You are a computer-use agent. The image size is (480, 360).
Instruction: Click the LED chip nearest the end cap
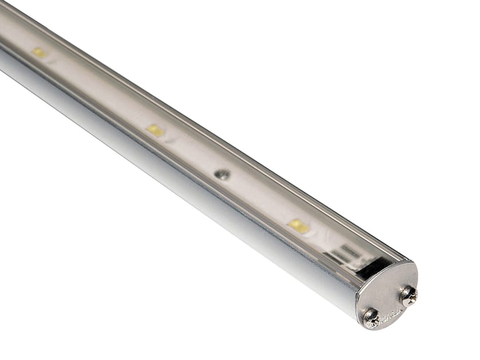point(298,226)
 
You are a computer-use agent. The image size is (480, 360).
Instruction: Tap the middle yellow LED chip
point(155,130)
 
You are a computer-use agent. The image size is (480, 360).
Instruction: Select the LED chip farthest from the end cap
point(39,53)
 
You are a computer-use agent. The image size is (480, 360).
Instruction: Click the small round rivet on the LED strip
point(222,174)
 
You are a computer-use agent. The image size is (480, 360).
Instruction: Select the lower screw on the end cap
point(371,318)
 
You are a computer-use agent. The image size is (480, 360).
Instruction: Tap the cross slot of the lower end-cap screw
point(371,318)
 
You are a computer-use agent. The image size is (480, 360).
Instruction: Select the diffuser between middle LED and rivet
point(189,152)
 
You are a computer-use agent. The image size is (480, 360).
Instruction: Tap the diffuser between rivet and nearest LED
point(260,200)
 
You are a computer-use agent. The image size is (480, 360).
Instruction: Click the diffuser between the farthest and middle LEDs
point(97,91)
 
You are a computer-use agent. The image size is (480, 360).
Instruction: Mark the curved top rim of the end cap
point(394,264)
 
